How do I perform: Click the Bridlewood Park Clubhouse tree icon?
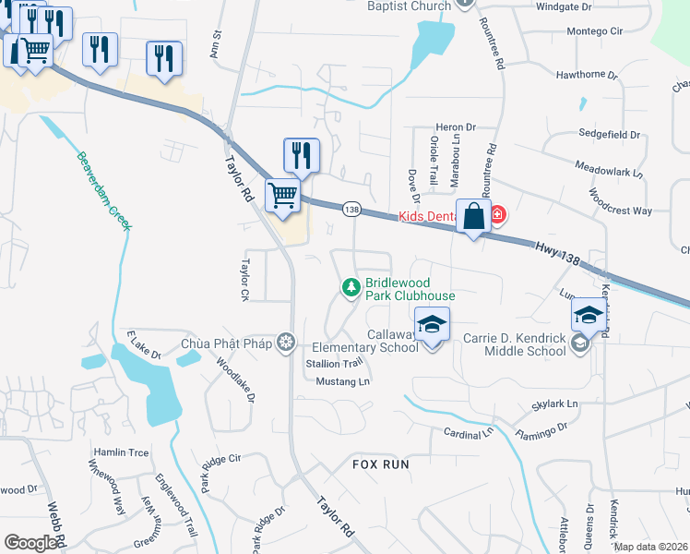351,289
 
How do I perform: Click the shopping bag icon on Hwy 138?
473,218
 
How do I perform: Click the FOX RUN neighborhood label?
380,464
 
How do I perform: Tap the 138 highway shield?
351,210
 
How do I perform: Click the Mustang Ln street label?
342,381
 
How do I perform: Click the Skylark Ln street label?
554,404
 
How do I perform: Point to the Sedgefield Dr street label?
609,135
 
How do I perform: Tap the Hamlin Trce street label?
121,452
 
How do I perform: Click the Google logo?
30,542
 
